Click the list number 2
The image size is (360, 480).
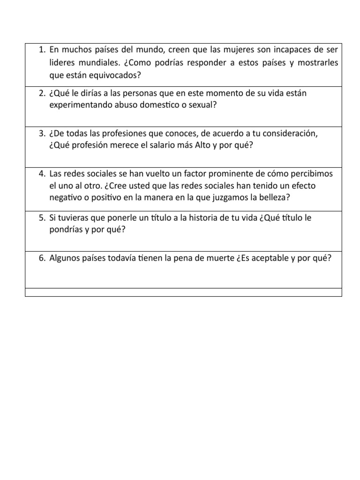pos(41,93)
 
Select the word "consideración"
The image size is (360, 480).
pos(285,133)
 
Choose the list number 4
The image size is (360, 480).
pos(41,173)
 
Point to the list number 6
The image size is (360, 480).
pos(41,258)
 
